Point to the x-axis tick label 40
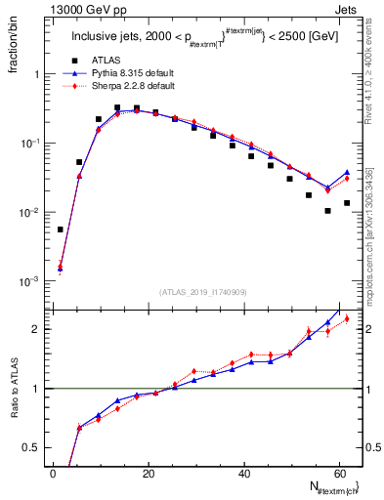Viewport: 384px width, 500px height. (243, 474)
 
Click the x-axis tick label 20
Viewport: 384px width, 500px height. (148, 474)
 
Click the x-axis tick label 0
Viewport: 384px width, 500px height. (53, 474)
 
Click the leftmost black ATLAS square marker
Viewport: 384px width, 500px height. (61, 229)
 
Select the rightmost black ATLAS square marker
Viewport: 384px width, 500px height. (347, 203)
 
